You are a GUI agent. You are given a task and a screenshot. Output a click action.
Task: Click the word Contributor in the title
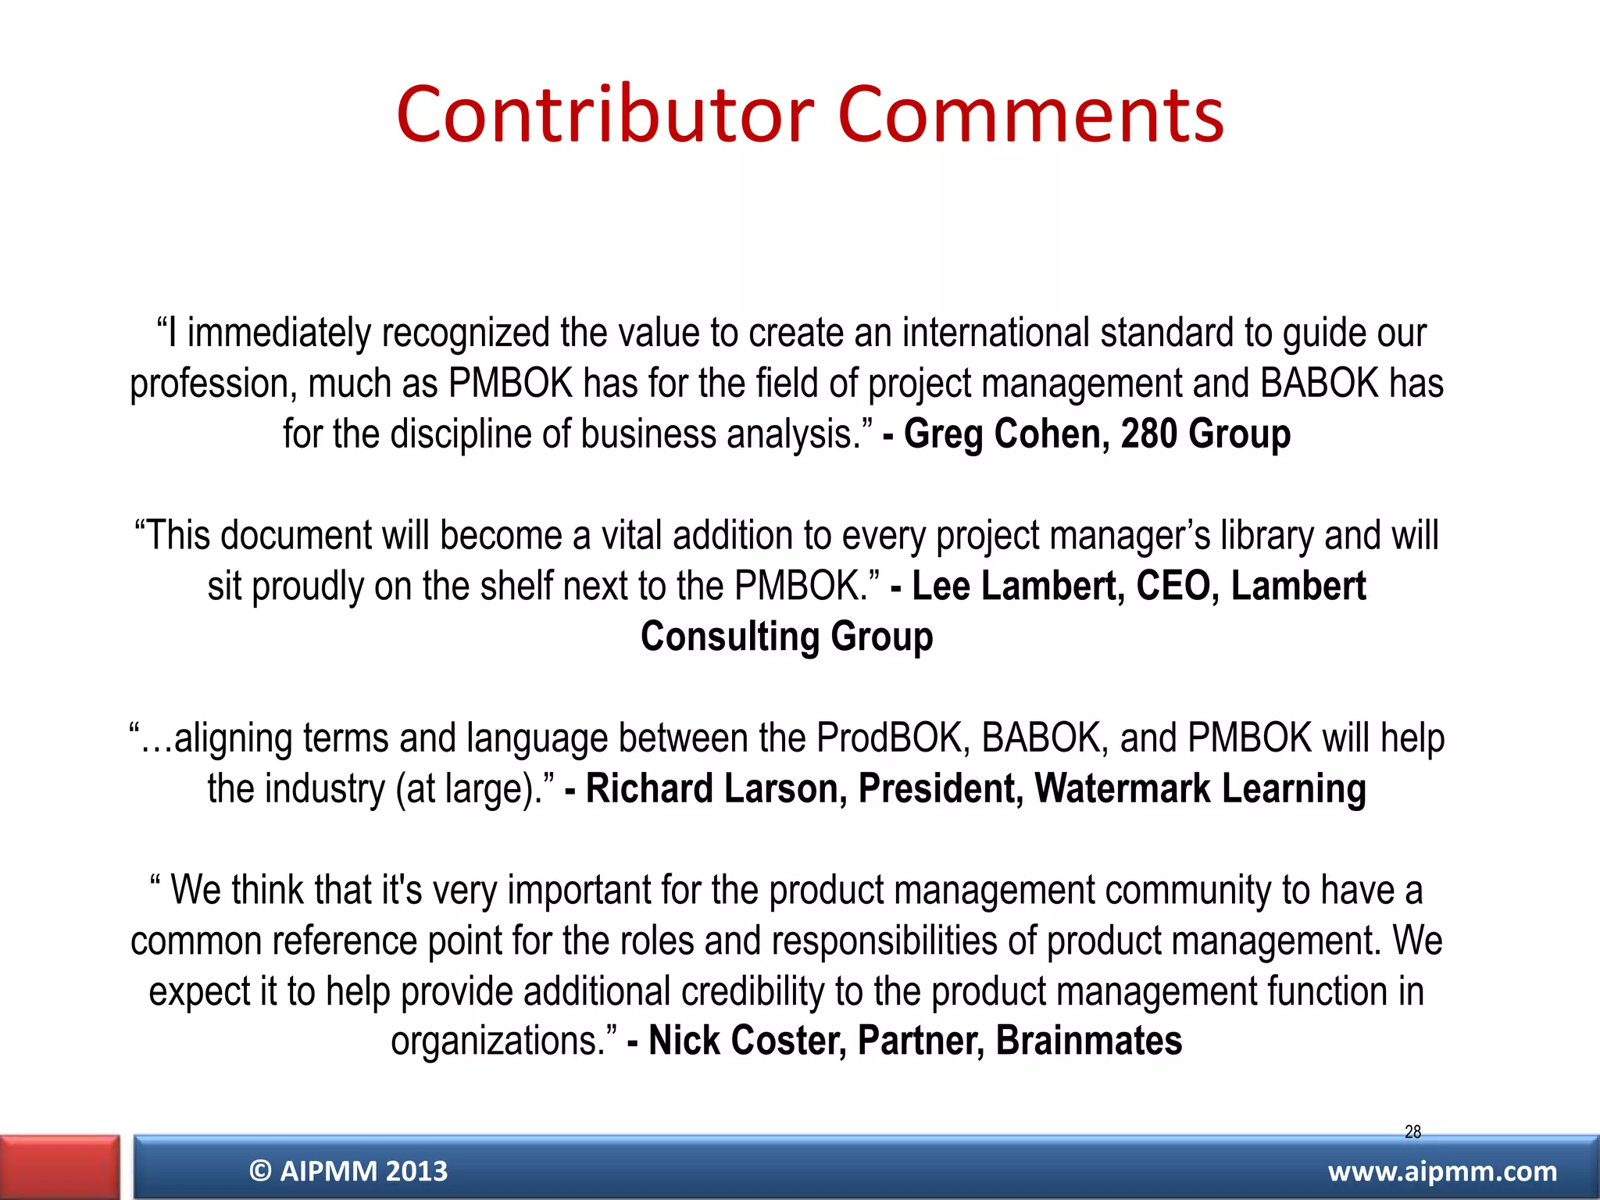(x=605, y=116)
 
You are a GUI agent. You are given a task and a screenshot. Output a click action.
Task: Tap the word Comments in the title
(x=1030, y=116)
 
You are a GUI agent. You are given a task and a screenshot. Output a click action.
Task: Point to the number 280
(x=1148, y=434)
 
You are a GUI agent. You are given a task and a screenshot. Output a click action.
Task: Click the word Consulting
(x=730, y=637)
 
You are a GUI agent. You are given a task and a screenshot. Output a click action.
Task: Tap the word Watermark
(x=1122, y=788)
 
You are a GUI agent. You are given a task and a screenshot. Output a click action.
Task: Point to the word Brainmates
(x=1089, y=1041)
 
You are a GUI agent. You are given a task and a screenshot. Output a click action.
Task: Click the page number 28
(x=1412, y=1131)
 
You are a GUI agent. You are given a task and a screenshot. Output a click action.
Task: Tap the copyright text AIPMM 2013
(x=348, y=1171)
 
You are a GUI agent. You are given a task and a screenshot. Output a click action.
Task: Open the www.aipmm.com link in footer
(x=1442, y=1171)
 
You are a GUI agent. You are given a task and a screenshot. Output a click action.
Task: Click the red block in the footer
(x=59, y=1167)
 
